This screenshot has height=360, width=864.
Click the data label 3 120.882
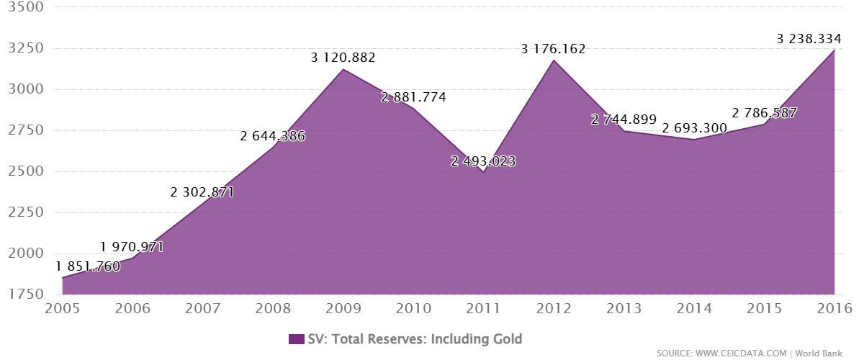(x=343, y=58)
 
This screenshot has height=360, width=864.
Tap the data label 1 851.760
(x=88, y=265)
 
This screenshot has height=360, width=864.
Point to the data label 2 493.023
(x=483, y=161)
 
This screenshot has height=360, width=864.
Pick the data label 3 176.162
(x=554, y=49)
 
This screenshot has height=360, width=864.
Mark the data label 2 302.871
(x=202, y=192)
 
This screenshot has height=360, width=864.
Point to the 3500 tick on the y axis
(x=25, y=8)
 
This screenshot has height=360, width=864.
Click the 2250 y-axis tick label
(x=25, y=212)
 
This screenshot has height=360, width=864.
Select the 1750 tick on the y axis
(x=25, y=294)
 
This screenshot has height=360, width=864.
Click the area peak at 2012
(x=554, y=60)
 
